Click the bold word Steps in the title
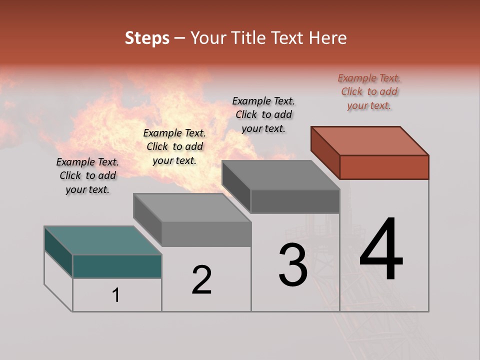[147, 38]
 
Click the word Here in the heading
[327, 38]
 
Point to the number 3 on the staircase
[293, 265]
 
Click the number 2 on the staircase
[202, 280]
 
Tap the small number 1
[116, 295]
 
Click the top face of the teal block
[102, 240]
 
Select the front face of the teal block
[117, 266]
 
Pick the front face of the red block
[384, 167]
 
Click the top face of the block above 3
[280, 175]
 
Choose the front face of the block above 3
[295, 201]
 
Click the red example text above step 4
[369, 91]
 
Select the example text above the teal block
[87, 175]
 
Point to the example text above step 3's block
[263, 114]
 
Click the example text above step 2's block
[174, 146]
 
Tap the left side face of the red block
[325, 152]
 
